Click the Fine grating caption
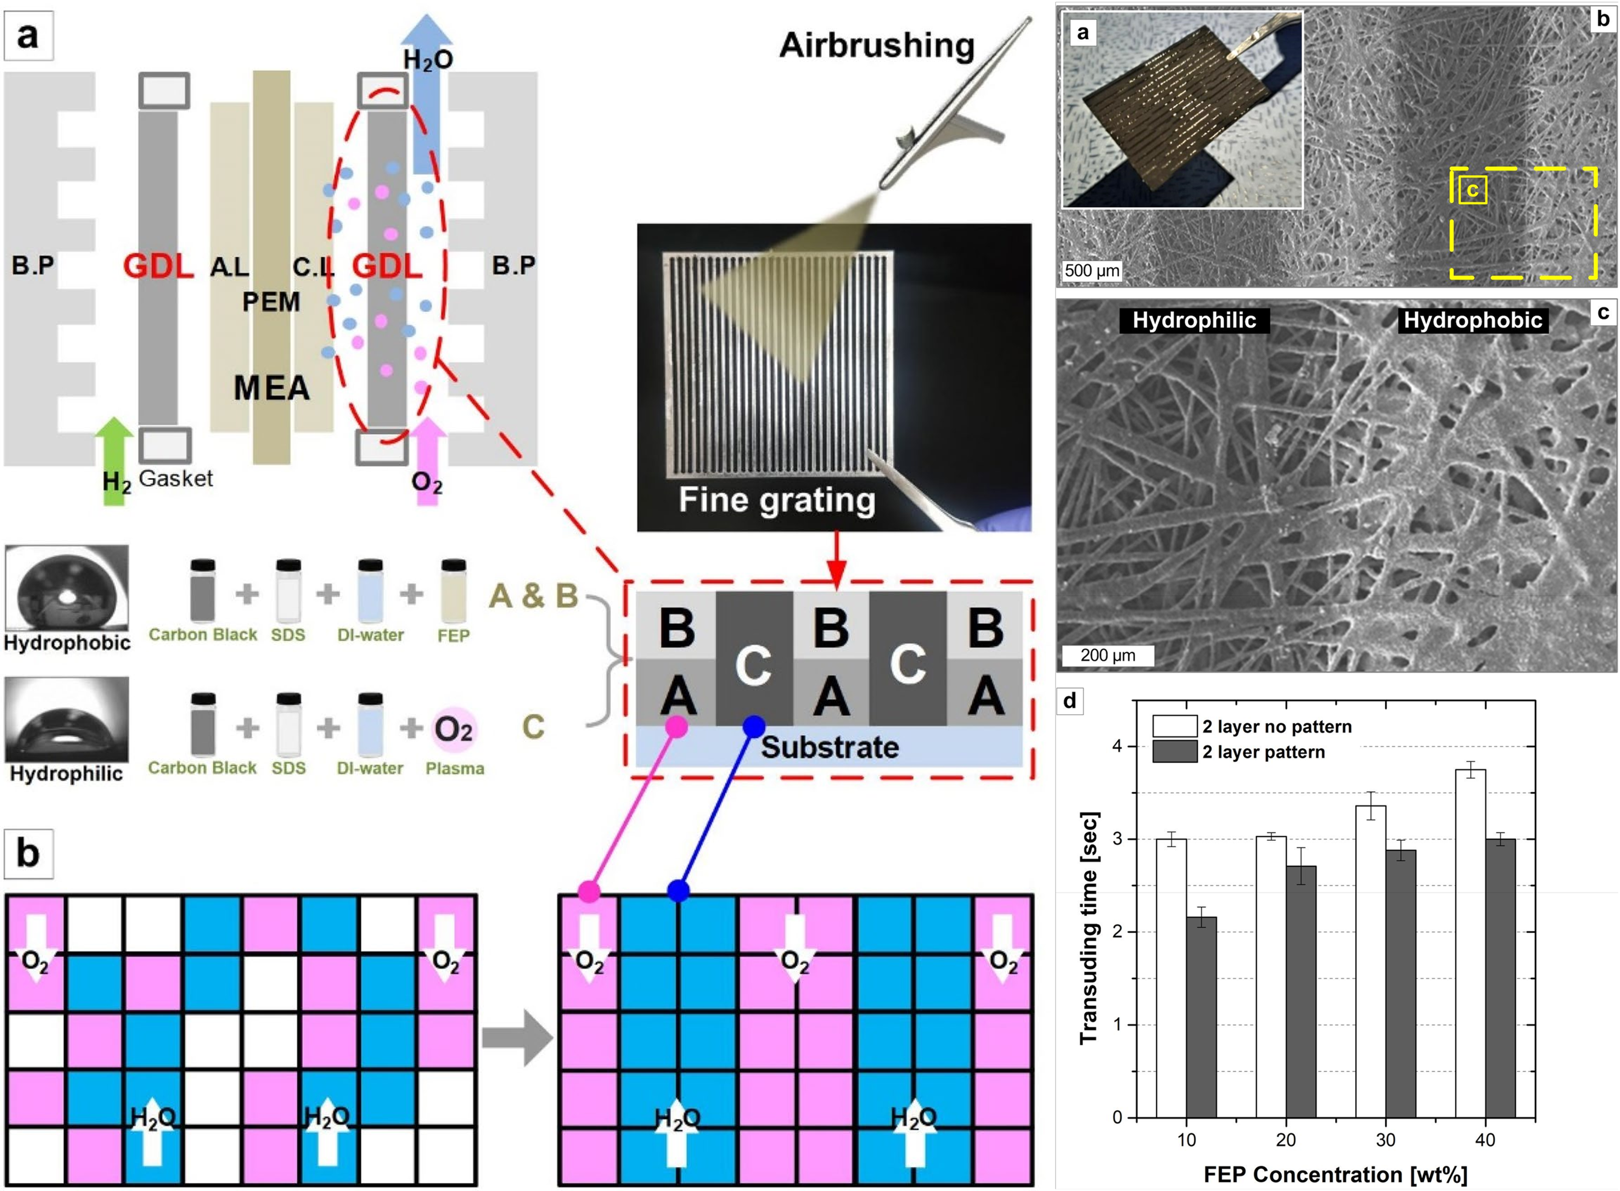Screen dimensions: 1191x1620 pos(776,499)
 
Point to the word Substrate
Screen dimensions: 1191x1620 pos(829,748)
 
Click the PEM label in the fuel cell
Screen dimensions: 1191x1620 pos(271,301)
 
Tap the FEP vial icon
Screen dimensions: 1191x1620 pos(453,591)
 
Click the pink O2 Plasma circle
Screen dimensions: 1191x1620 pos(454,729)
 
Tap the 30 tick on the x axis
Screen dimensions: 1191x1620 pos(1385,1140)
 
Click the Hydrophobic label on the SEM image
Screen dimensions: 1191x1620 pos(1472,320)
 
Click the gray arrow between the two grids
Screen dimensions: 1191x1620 pos(516,1038)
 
